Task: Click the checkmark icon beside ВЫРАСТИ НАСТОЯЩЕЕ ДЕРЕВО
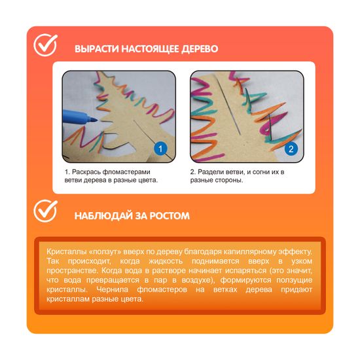coord(45,45)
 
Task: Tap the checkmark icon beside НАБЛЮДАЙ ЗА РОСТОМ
coord(45,211)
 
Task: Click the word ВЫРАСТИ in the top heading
coord(97,49)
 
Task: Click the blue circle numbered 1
coord(160,149)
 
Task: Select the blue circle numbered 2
coord(291,149)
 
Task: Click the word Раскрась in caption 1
coord(86,172)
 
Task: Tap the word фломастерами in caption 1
coord(126,172)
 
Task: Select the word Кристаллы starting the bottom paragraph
coord(66,251)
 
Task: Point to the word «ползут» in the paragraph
coord(105,252)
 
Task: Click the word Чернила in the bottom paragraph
coord(113,289)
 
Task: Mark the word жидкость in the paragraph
coord(166,261)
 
